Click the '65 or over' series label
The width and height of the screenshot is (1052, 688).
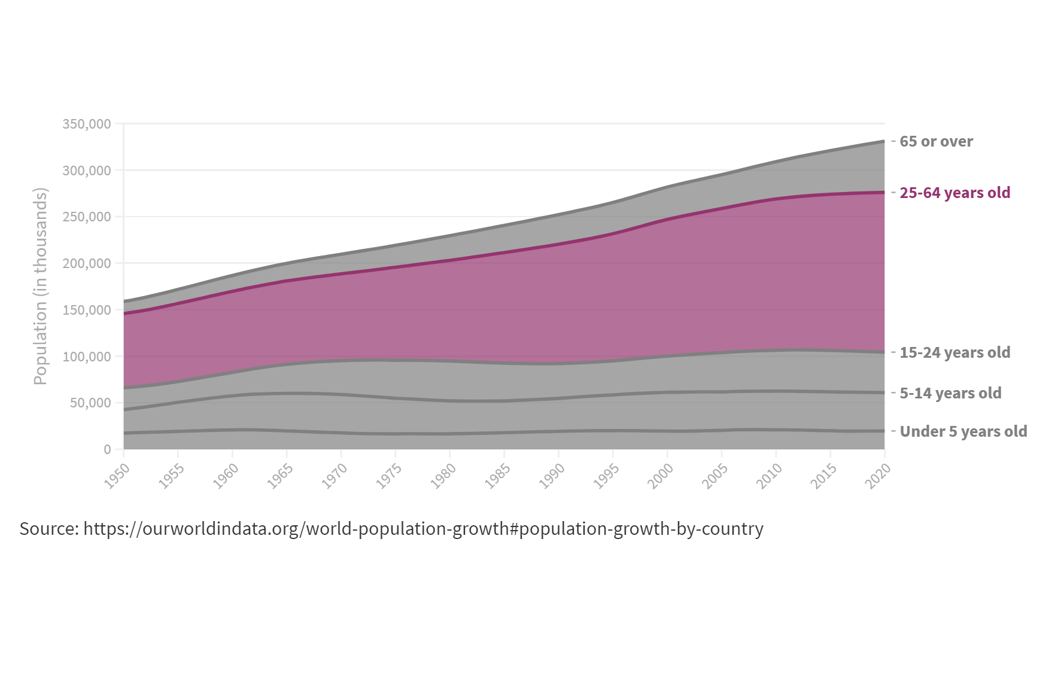coord(936,142)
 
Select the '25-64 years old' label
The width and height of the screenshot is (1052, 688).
coord(954,193)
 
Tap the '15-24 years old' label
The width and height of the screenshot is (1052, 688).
coord(954,352)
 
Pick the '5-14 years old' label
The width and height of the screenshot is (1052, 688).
coord(950,393)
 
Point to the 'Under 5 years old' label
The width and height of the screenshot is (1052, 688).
coord(963,431)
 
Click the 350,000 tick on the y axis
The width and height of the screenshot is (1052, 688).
coord(87,124)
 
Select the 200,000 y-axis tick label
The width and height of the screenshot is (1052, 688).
coord(87,263)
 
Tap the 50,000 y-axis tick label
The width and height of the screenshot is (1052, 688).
coord(90,403)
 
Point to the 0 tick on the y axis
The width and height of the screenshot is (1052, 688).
coord(107,449)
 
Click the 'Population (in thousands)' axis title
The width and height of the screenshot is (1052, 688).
coord(40,286)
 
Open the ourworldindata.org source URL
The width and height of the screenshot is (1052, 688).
coord(423,529)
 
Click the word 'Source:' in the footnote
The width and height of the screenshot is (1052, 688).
coord(49,529)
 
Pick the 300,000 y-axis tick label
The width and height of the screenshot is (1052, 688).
coord(87,171)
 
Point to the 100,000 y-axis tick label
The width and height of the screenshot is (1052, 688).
coord(87,357)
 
